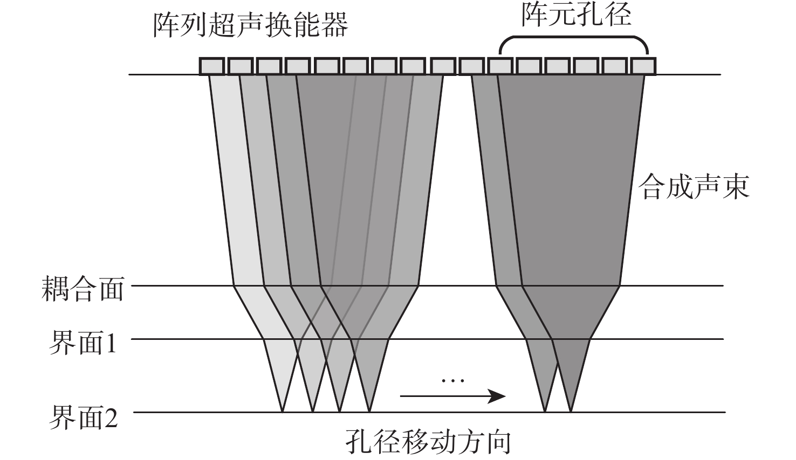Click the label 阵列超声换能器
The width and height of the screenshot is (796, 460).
pos(250,25)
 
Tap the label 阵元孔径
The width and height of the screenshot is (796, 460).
pos(576,15)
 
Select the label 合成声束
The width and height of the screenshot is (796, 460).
pos(694,187)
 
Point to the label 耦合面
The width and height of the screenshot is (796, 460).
pos(83,290)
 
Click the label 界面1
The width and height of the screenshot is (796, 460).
pos(83,343)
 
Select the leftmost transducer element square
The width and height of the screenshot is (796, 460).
pos(211,66)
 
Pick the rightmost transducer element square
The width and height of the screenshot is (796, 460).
pos(643,66)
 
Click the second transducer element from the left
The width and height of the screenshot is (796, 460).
pos(240,66)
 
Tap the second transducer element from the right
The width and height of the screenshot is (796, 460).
pos(614,66)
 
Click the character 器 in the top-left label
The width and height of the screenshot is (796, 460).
pos(334,25)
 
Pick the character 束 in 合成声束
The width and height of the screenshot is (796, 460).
pos(736,187)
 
